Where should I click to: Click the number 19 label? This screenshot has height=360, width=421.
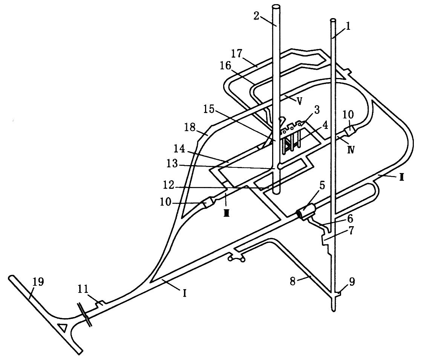point(39,281)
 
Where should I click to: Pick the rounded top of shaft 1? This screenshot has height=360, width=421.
point(333,20)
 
